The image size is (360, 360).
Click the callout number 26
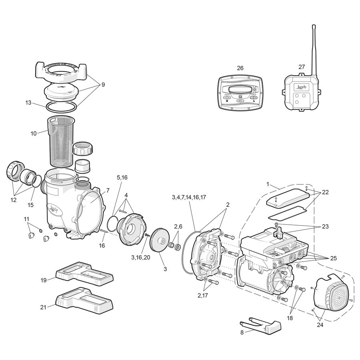coord(240,68)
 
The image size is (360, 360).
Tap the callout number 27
coord(302,67)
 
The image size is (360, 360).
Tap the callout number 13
coord(28,103)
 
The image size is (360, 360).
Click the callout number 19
coord(43,280)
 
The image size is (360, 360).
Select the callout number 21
coord(43,307)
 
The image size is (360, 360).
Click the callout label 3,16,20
coord(140,258)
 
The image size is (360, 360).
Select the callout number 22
coord(325,192)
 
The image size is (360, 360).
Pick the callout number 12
coord(14,200)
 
